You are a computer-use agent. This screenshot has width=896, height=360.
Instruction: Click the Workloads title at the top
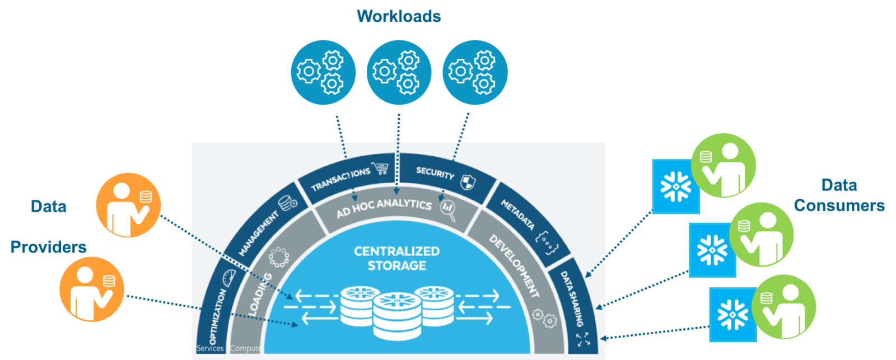tap(398, 16)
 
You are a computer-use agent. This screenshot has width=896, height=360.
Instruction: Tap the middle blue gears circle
tap(399, 72)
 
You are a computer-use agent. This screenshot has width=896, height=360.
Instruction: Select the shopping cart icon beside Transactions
tap(381, 168)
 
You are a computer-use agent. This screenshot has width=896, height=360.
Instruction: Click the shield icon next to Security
tap(468, 181)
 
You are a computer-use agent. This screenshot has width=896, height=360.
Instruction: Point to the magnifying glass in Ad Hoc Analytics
tap(448, 209)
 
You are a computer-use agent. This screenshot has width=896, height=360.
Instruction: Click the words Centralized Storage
tap(396, 258)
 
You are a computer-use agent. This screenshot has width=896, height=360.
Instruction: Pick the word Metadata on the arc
tap(517, 215)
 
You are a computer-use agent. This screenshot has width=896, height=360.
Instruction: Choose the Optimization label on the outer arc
tap(217, 317)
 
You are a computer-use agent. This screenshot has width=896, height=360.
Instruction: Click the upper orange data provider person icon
tap(129, 205)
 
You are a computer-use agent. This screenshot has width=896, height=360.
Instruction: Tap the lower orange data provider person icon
tap(92, 289)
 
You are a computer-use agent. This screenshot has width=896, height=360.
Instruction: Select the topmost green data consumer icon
tap(724, 166)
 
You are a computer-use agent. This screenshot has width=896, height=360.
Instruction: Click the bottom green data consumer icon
tap(783, 307)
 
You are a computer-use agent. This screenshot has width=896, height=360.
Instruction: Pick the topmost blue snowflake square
tap(676, 186)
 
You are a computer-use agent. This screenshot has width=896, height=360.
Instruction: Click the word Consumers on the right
tap(839, 205)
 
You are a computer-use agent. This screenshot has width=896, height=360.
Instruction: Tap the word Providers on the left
tap(48, 247)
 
